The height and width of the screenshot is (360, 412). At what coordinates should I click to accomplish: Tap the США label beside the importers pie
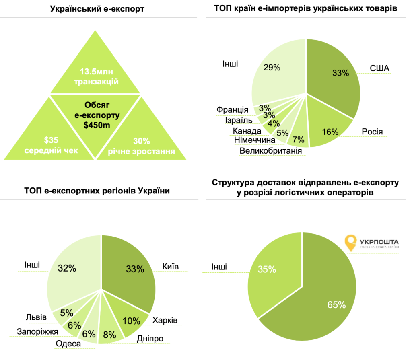(x=379, y=68)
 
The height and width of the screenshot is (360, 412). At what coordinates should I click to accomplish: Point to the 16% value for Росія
(x=330, y=132)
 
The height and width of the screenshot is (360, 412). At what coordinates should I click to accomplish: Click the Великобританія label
(x=270, y=151)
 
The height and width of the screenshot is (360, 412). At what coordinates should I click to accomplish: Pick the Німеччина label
(x=254, y=140)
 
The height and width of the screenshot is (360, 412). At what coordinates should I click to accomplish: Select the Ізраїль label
(x=239, y=120)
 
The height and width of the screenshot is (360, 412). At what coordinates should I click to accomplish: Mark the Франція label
(x=232, y=109)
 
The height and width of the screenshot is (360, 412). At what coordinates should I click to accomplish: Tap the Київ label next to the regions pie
(x=171, y=267)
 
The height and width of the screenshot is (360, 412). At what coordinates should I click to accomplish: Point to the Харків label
(x=165, y=320)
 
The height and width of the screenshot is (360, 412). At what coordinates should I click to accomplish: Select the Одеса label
(x=68, y=344)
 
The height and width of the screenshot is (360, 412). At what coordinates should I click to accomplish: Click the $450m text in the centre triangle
(x=97, y=125)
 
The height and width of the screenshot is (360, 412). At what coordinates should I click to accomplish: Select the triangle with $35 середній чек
(x=51, y=137)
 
